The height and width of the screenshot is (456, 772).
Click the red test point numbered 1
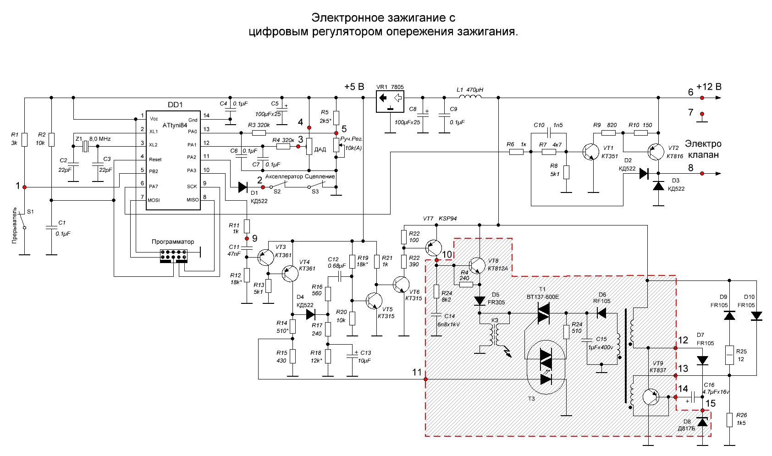[25, 187]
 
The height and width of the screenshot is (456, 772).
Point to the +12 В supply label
[709, 87]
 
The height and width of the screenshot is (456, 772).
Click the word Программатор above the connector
[173, 242]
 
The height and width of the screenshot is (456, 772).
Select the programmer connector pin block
[173, 256]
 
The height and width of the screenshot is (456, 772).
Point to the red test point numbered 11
[426, 379]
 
